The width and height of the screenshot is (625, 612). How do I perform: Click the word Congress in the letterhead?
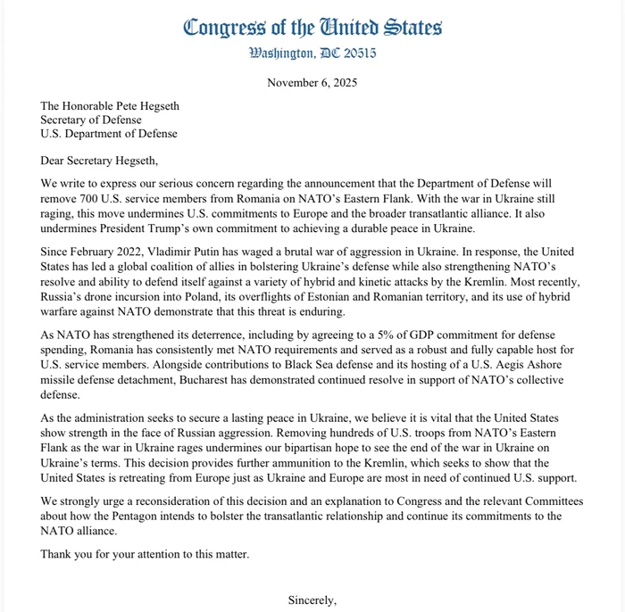222,27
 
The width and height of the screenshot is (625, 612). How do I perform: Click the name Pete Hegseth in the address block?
142,105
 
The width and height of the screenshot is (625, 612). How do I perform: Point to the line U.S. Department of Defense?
109,134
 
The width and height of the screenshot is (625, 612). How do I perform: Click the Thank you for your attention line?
145,554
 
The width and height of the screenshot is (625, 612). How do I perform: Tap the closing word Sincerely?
312,600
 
